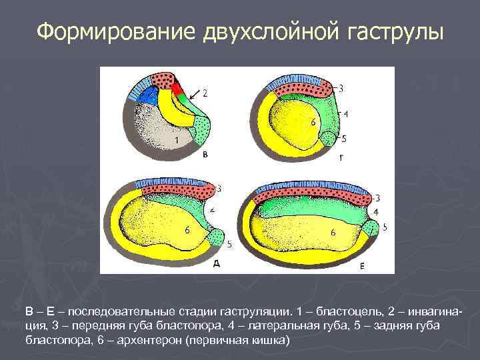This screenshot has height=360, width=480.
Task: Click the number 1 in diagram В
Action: point(175,140)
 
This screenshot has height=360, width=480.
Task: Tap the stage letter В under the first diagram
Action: point(205,153)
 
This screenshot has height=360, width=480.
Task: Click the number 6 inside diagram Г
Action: point(313,122)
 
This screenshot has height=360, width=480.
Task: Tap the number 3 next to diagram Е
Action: point(377,198)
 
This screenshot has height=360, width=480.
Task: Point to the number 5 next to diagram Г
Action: point(343,139)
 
